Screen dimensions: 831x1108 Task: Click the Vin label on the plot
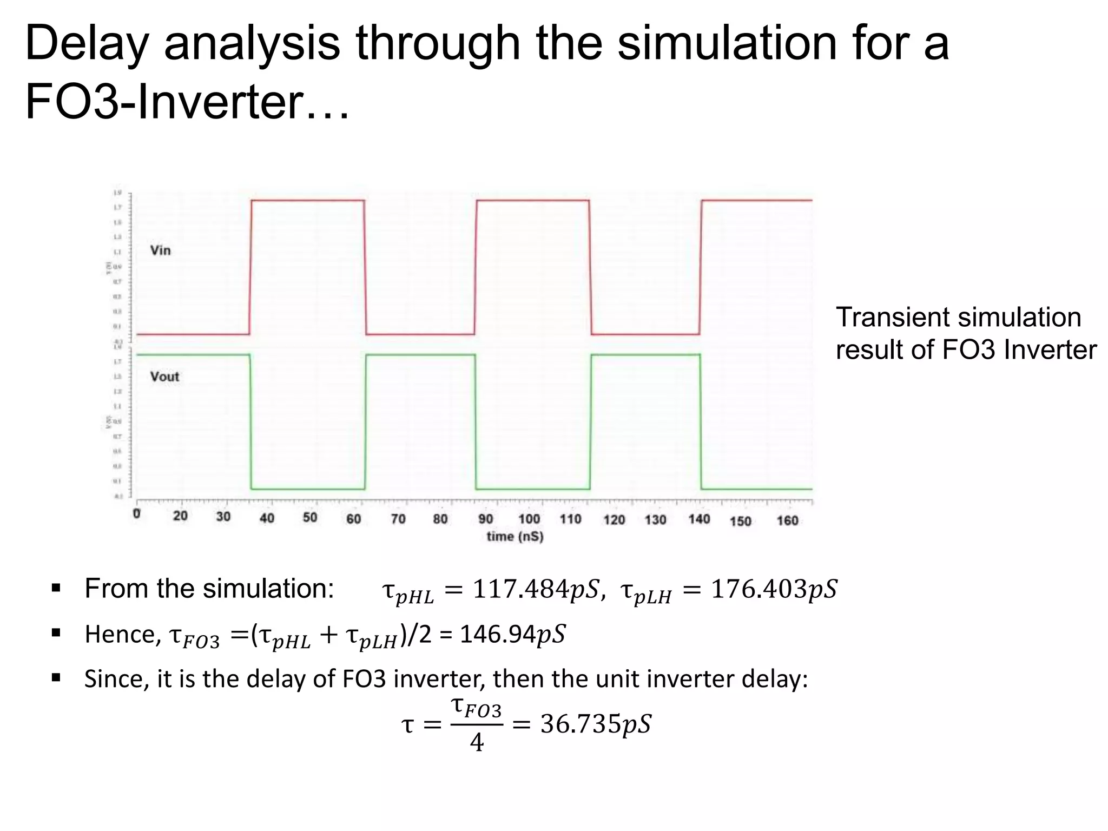(160, 250)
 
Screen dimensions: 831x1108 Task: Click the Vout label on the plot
(164, 377)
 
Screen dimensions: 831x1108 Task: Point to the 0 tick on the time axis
(137, 514)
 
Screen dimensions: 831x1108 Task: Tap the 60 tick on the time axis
(353, 519)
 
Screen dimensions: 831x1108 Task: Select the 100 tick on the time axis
(529, 519)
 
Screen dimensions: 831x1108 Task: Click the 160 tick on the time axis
(787, 520)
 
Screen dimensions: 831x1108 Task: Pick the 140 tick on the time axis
(699, 519)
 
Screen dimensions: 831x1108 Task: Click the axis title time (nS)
(515, 537)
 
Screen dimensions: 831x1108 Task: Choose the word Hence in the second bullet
(122, 634)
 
